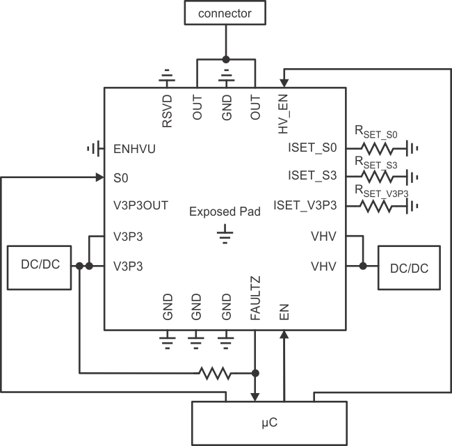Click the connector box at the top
click(225, 13)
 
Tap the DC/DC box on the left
click(39, 267)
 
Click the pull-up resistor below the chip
click(215, 374)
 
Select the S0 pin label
click(120, 177)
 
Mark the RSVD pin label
click(167, 112)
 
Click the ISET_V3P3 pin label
click(306, 205)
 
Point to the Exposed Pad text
click(224, 212)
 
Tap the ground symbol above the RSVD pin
click(167, 75)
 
